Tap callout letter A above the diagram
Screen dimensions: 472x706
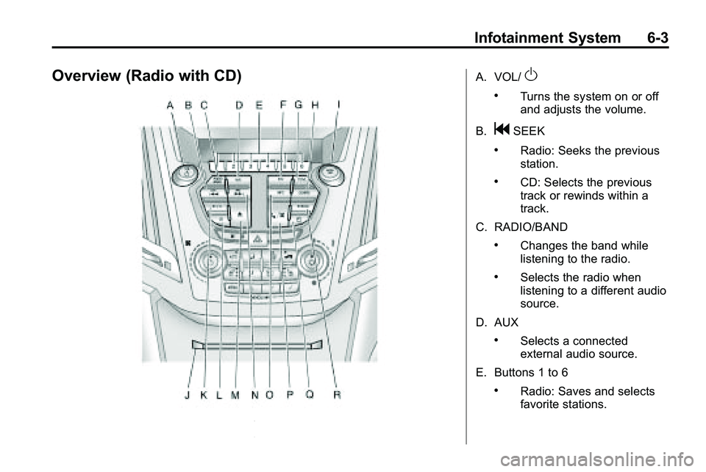click(171, 106)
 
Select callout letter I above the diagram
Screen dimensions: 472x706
click(338, 106)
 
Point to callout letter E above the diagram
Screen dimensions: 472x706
click(259, 106)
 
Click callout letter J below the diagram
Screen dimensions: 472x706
click(188, 395)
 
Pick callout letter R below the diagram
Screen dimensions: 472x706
click(337, 395)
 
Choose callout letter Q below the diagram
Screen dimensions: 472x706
click(310, 395)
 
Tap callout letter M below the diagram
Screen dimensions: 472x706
click(235, 395)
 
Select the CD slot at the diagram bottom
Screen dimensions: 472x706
click(255, 344)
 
